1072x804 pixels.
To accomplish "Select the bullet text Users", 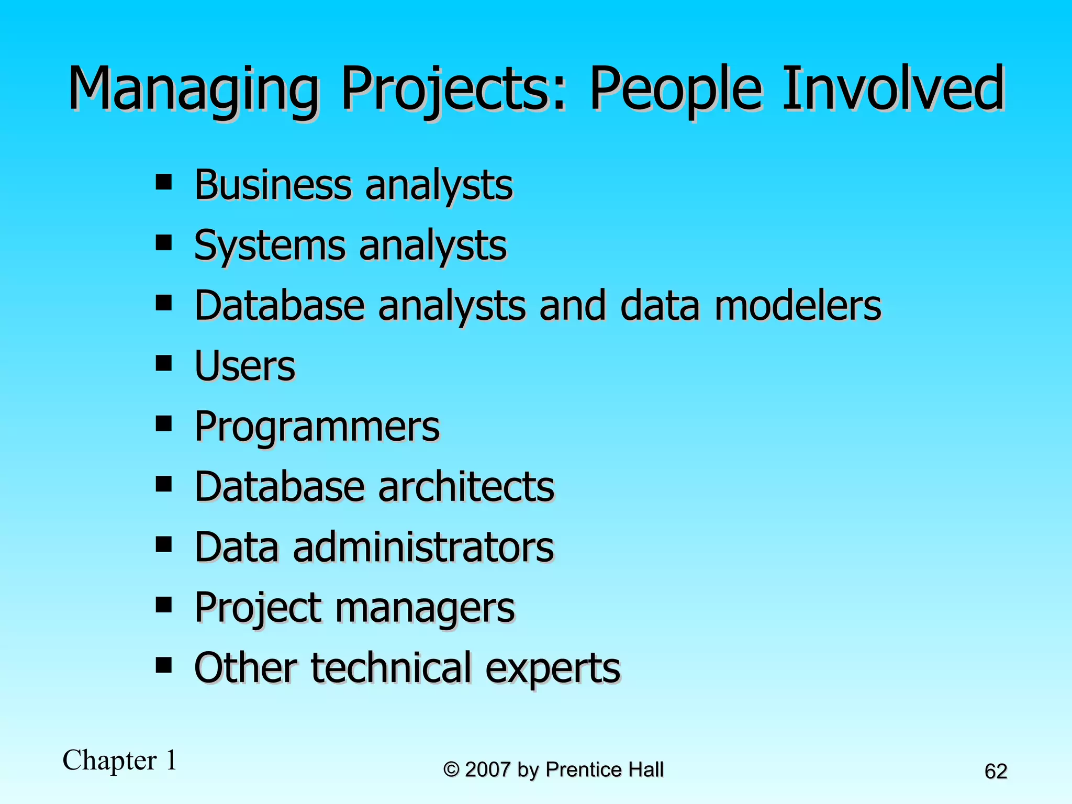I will [244, 366].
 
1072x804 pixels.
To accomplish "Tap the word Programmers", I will [317, 427].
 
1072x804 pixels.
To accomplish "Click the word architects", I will [466, 487].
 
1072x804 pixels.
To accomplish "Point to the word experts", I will [553, 669].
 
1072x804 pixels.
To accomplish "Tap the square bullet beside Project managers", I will [164, 605].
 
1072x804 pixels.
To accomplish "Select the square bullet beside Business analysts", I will [164, 182].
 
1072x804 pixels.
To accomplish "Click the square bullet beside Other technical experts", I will [164, 665].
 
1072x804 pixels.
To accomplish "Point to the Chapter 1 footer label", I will [119, 760].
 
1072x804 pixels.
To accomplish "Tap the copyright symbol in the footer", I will [451, 770].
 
